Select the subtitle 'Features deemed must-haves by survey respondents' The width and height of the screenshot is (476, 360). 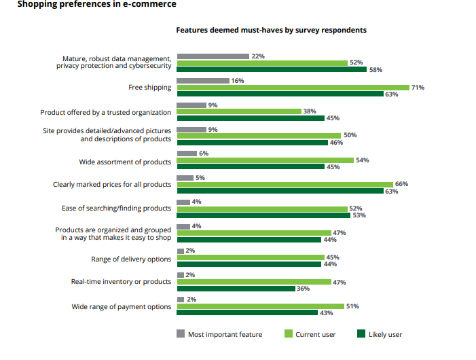click(272, 31)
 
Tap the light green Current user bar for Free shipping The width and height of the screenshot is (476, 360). click(293, 88)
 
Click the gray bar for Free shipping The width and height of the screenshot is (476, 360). click(203, 81)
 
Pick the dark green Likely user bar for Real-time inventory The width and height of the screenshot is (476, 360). click(236, 288)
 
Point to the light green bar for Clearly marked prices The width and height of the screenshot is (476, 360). click(285, 185)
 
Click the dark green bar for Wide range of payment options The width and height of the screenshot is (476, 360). click(247, 312)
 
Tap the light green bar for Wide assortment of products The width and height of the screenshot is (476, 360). click(265, 160)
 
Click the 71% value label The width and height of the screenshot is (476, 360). click(418, 88)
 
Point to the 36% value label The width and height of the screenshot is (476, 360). click(304, 288)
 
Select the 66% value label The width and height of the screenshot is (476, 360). click(401, 185)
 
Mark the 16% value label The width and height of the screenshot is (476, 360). click(238, 81)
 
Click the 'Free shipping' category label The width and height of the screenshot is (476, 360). click(149, 88)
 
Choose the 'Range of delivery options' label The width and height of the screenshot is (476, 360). click(131, 259)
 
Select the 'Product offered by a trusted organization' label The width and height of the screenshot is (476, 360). click(105, 112)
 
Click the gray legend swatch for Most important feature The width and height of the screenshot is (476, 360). click(181, 334)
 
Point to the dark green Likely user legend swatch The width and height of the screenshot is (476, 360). click(361, 334)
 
